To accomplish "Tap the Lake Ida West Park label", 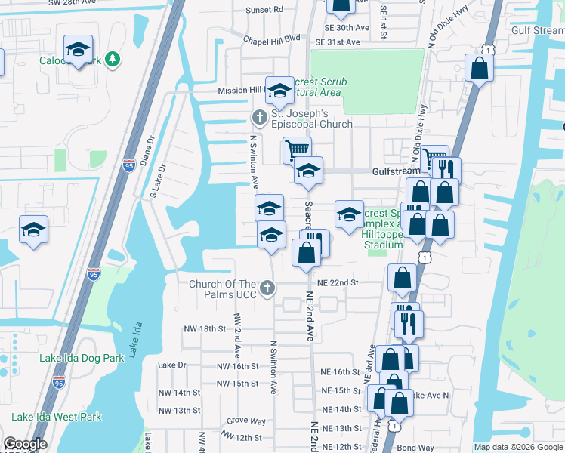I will [56, 417].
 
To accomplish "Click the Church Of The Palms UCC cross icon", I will [267, 288].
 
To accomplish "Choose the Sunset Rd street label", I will [264, 10].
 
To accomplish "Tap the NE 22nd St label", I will [337, 282].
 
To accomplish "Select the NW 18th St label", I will [205, 329].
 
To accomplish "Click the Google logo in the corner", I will [25, 445].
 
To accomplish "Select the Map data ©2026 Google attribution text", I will [518, 447].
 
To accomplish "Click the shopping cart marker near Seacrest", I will [297, 150].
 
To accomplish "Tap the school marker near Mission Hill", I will [279, 91].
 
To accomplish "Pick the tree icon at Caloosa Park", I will [113, 59].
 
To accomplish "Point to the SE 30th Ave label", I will [348, 27].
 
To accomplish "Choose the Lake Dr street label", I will [172, 365].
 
